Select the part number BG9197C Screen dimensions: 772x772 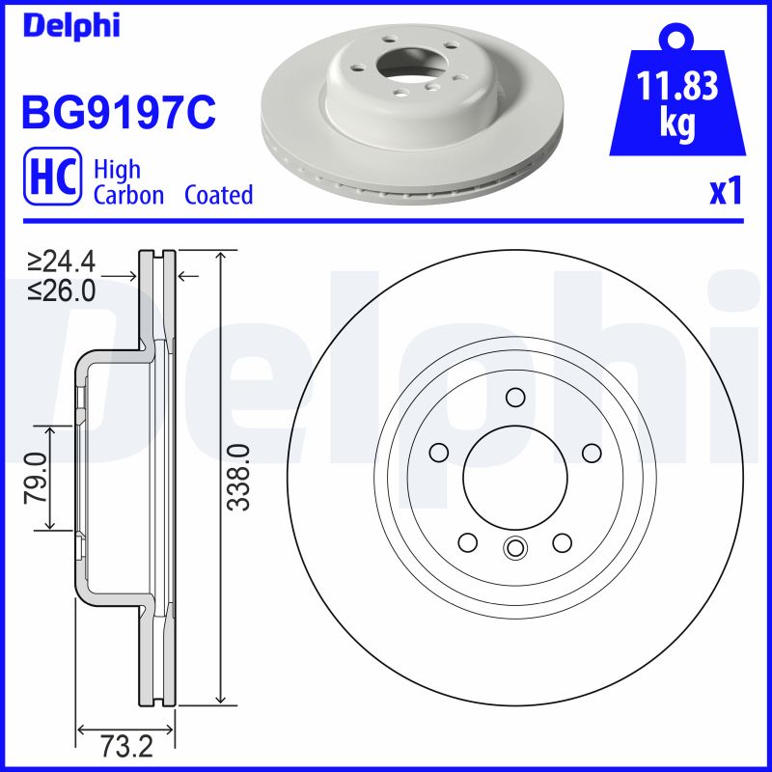118,113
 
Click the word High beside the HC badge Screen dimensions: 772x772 117,169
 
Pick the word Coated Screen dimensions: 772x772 219,195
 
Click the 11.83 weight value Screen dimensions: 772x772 678,88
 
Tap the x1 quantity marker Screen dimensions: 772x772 725,192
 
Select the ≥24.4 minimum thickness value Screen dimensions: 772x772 62,261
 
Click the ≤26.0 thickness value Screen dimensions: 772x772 62,289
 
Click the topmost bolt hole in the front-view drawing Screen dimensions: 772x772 514,398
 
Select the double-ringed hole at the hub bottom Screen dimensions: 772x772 514,548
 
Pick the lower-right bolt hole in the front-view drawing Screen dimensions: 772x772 562,543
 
